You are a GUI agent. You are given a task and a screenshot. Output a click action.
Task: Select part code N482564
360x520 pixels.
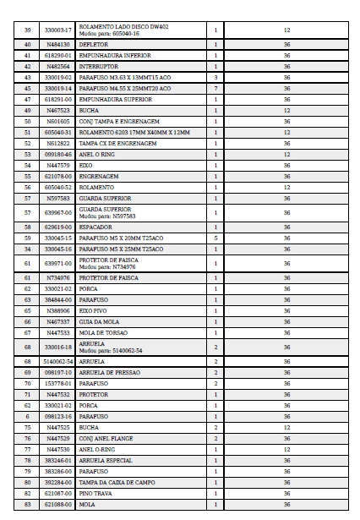click(x=57, y=66)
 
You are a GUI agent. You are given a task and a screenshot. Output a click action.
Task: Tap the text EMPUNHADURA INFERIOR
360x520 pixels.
click(x=109, y=55)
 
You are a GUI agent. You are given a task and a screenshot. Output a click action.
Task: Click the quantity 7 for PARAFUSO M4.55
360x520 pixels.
click(x=215, y=88)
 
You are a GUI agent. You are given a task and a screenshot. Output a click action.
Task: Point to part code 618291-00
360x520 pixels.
click(x=57, y=99)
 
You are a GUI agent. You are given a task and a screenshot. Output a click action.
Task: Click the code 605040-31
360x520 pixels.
click(x=57, y=132)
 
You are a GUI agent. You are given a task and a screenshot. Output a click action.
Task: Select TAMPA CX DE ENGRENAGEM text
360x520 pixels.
click(x=117, y=143)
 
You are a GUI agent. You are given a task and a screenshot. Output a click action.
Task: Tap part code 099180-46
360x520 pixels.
click(x=57, y=154)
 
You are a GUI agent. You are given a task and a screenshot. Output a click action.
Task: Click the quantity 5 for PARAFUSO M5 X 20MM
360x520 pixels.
click(x=215, y=238)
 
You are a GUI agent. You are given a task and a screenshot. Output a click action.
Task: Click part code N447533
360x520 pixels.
click(x=57, y=332)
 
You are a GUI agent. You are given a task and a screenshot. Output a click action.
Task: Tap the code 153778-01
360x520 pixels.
click(x=57, y=383)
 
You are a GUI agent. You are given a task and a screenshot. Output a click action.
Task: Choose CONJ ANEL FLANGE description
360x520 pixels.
click(x=106, y=438)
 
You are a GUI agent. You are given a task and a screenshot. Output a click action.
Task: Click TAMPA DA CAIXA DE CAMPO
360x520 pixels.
click(x=117, y=482)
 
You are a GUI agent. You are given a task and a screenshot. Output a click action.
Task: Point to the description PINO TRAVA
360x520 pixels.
click(x=95, y=493)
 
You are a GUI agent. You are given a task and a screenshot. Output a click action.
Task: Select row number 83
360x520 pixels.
click(x=28, y=504)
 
